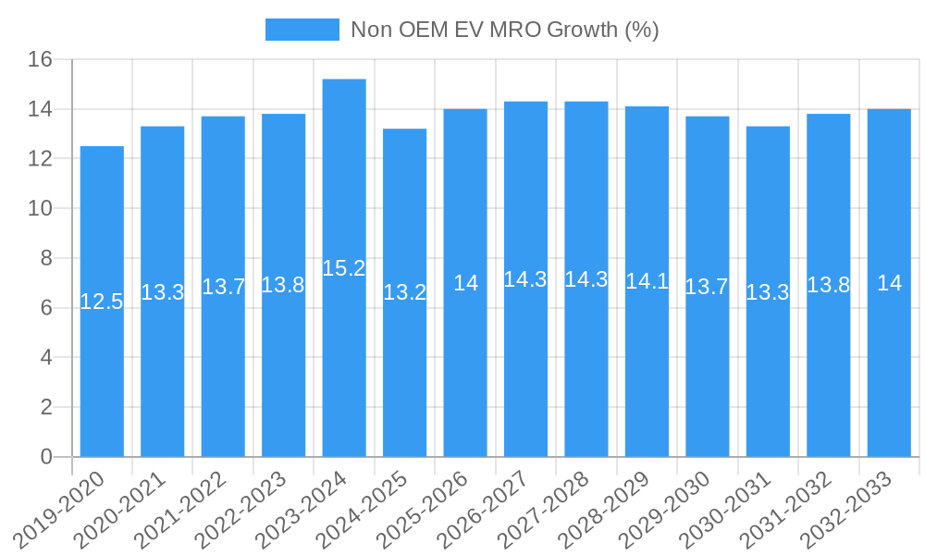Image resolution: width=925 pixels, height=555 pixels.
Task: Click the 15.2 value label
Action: point(344,268)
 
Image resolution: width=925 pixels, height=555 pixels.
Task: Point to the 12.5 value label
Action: point(102,302)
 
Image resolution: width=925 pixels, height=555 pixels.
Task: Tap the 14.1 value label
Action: point(647,281)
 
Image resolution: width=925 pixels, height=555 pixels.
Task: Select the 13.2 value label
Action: point(404,293)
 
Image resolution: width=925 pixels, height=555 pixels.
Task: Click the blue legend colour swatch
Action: point(302,30)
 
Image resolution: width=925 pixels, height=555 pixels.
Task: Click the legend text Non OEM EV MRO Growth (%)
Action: point(504,30)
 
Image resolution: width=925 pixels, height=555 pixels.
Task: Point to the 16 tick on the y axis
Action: point(41,60)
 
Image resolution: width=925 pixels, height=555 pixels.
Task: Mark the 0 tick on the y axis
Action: point(47,457)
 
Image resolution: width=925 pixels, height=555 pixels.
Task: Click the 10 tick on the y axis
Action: point(41,209)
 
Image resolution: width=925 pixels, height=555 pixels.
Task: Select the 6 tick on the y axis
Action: point(47,308)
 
